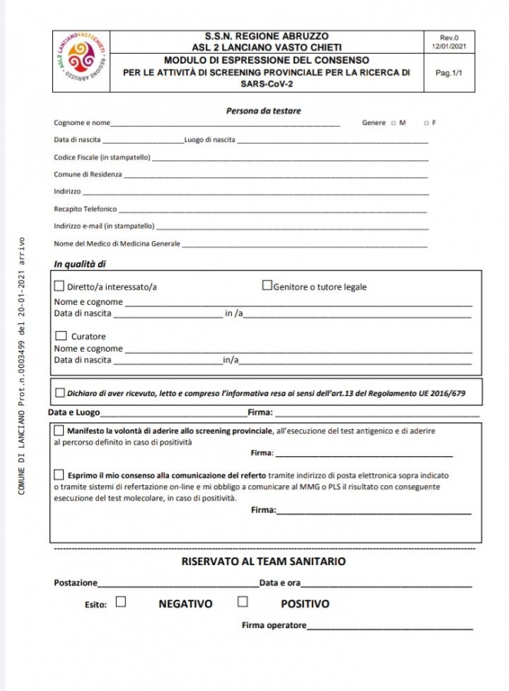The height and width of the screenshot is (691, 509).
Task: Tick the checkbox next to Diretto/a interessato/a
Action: click(60, 286)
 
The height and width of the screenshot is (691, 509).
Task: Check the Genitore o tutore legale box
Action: click(267, 286)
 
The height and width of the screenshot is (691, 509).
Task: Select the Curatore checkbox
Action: click(61, 336)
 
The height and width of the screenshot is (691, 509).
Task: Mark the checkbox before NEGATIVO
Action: click(121, 602)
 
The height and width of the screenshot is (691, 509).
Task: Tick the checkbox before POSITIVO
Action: click(243, 602)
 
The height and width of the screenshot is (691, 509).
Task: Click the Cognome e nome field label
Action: click(82, 123)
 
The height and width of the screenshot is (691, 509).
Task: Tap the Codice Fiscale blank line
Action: click(289, 159)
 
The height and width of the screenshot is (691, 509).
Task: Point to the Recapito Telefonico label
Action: click(85, 209)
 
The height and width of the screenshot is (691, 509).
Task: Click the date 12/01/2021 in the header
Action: click(448, 46)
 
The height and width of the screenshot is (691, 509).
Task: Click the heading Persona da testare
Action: click(263, 111)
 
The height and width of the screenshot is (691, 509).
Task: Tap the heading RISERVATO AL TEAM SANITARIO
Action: click(263, 561)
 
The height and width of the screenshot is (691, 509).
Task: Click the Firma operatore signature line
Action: click(390, 628)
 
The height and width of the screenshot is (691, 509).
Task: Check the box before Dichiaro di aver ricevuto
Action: click(61, 393)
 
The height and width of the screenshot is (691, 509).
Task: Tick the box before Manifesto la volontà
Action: click(59, 431)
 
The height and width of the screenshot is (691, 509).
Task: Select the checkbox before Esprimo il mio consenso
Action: click(59, 475)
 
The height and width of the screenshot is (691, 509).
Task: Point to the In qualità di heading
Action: click(80, 264)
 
